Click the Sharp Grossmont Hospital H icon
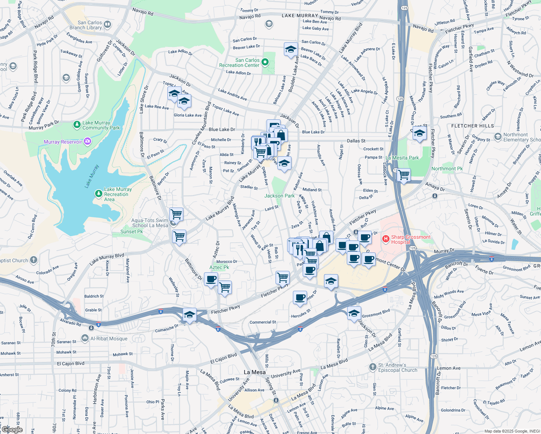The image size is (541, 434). pos(386,239)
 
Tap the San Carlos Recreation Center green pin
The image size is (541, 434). pos(265,62)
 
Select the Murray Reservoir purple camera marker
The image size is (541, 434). pos(87,141)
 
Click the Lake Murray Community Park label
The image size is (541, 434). pos(101,125)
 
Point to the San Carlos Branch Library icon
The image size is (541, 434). pos(107,25)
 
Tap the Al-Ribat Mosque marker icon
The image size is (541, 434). pos(85,338)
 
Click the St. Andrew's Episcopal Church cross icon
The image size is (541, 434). pos(373,367)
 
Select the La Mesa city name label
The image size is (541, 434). pos(255,372)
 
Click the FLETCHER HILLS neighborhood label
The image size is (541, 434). pos(472,126)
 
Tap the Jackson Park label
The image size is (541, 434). pos(280,196)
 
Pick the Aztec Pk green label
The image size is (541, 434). pos(219,267)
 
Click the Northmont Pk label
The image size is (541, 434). pos(447,169)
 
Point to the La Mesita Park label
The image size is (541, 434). pos(402,158)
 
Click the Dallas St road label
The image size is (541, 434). pos(356,141)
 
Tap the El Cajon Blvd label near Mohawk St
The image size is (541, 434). pos(71,363)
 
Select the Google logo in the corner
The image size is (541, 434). pos(12,430)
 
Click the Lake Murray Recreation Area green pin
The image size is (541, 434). pos(98,193)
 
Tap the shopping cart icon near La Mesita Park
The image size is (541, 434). pos(404,175)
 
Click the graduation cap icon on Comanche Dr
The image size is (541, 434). pos(189,314)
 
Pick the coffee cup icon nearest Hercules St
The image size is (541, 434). pos(300,297)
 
